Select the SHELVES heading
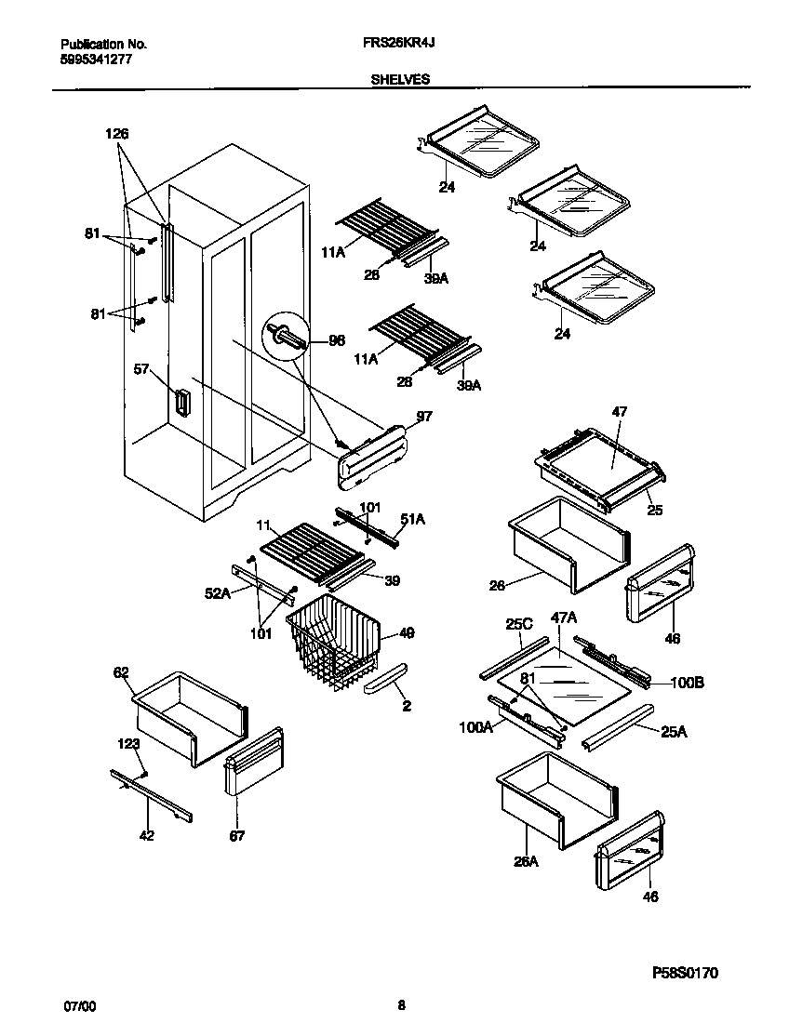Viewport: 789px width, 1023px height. tap(400, 80)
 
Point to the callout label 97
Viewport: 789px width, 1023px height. tap(424, 418)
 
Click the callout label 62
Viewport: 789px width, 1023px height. tap(121, 672)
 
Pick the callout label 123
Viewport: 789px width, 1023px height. tap(128, 743)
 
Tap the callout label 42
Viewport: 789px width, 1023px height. tap(147, 835)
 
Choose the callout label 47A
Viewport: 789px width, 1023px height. tap(563, 617)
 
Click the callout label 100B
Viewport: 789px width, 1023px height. tap(687, 683)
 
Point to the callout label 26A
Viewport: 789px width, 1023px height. tap(526, 861)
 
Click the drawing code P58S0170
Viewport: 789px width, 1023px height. tap(684, 973)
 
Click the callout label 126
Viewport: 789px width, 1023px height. tap(116, 134)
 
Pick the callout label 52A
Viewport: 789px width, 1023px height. tap(217, 592)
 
